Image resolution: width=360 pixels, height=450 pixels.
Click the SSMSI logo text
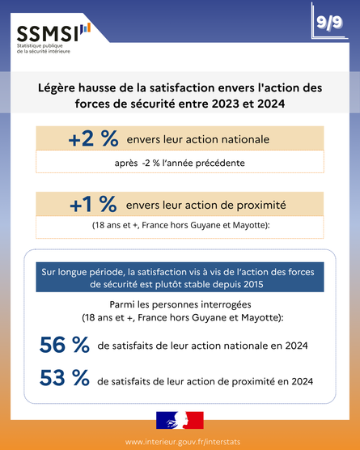point(48,33)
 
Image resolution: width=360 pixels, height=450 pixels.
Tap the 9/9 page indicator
point(329,23)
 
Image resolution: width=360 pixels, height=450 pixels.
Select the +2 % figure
point(94,139)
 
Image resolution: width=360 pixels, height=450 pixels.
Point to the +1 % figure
point(93,205)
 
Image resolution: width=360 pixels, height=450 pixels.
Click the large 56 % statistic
point(65,345)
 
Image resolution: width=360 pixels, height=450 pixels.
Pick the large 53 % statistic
point(65,378)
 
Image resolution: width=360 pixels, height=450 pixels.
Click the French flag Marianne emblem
point(180,420)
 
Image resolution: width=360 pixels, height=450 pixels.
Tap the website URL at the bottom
point(183,442)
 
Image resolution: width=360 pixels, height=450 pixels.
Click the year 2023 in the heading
point(225,104)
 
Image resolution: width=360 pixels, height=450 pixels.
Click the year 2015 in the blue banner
point(253,284)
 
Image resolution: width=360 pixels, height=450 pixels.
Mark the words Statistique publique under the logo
point(40,46)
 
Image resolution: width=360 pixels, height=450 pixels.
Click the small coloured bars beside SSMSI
point(86,28)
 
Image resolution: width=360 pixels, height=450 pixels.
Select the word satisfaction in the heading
point(182,88)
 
